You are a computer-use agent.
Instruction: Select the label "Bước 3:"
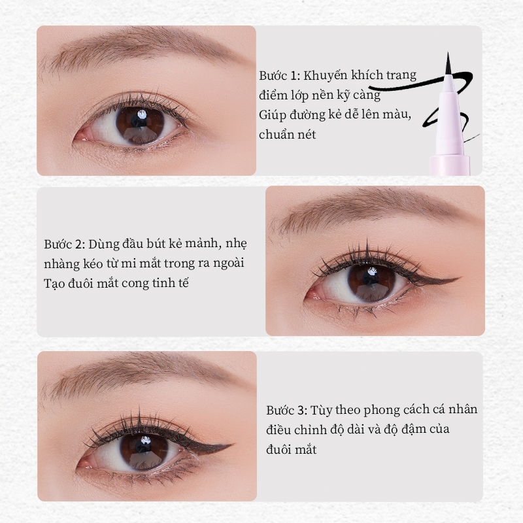click(x=286, y=410)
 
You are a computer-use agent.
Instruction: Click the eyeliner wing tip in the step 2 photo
click(x=462, y=277)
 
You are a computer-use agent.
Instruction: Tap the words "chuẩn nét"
click(x=287, y=135)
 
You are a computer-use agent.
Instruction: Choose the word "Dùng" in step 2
click(x=103, y=244)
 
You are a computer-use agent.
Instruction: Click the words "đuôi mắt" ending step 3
click(x=291, y=449)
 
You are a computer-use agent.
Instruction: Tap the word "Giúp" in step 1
click(x=272, y=115)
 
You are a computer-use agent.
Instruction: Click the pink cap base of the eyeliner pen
click(x=450, y=165)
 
